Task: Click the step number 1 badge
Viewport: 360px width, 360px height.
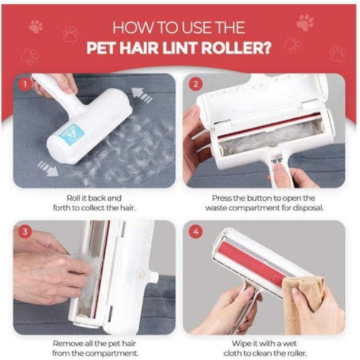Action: click(25, 84)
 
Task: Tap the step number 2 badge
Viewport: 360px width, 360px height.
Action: click(196, 84)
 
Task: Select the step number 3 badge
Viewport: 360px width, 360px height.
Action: click(25, 232)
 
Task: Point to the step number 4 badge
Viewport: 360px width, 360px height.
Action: click(196, 232)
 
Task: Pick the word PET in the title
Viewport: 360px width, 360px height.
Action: click(101, 48)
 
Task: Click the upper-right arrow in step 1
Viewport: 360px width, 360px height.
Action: click(141, 95)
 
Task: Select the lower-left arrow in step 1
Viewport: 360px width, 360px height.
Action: click(48, 168)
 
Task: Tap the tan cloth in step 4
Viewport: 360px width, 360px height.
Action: click(304, 303)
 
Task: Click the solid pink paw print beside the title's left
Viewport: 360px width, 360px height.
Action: click(36, 27)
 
